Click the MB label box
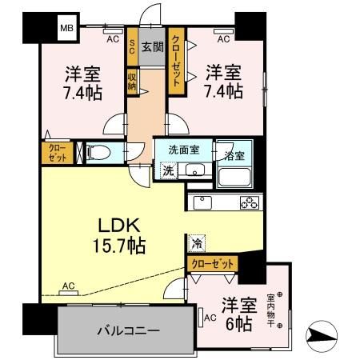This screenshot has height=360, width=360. click(65, 30)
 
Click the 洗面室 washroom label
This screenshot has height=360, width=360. click(183, 150)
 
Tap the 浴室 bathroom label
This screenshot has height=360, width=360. click(234, 150)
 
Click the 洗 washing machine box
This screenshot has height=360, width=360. click(169, 170)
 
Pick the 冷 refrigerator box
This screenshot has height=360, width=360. click(195, 239)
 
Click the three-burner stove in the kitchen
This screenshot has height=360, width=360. click(248, 202)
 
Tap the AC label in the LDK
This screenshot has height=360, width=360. click(69, 286)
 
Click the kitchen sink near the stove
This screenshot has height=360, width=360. click(202, 202)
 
